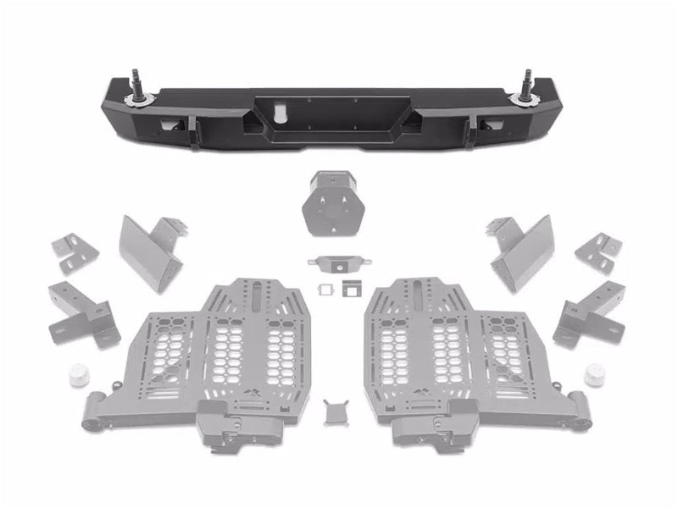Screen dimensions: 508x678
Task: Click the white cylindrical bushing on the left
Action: pyautogui.click(x=80, y=373)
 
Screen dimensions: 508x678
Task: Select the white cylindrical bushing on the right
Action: pyautogui.click(x=595, y=373)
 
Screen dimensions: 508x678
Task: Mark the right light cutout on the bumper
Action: pyautogui.click(x=491, y=128)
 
